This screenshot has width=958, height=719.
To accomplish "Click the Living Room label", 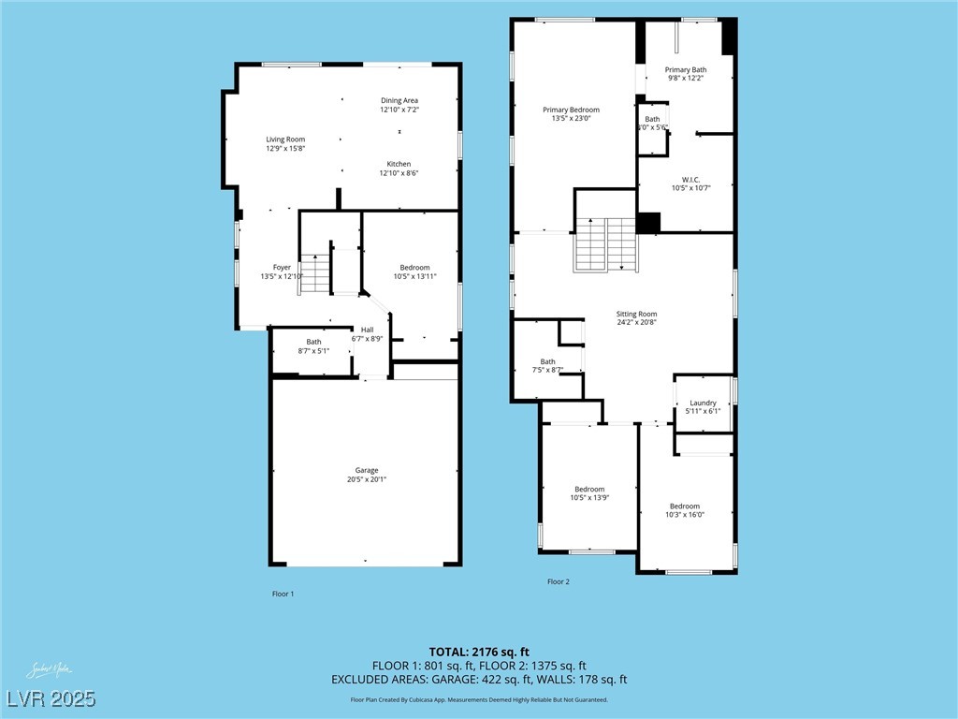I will [285, 139].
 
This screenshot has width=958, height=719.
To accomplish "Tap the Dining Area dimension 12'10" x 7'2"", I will [399, 110].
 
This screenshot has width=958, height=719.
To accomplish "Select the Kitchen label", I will [399, 164].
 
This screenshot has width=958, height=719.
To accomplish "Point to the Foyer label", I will [282, 268].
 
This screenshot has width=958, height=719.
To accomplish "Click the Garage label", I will [366, 470].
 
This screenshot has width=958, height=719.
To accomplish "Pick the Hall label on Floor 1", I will [367, 330].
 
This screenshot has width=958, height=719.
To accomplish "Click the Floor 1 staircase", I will [316, 274].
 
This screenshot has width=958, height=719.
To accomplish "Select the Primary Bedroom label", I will [571, 110].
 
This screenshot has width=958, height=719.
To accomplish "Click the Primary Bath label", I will [686, 70].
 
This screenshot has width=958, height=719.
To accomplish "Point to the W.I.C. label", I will [690, 179].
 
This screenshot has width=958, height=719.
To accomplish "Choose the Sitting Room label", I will [636, 314].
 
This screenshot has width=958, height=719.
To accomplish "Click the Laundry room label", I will [703, 403].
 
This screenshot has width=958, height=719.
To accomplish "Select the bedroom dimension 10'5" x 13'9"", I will [589, 498].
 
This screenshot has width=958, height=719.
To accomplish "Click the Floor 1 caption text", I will [283, 594].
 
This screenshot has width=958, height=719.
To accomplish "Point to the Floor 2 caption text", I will [559, 581].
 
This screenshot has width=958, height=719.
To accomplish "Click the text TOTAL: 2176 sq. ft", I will [479, 652].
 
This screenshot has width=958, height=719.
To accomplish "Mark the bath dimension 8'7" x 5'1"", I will [313, 351].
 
